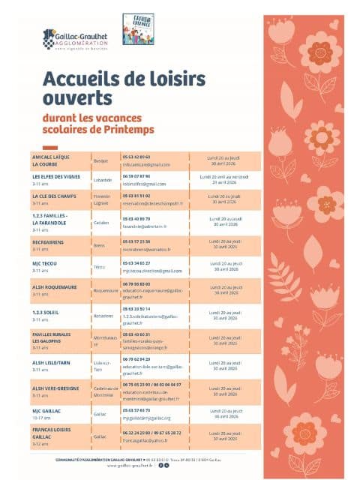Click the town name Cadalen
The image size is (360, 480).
click(101, 222)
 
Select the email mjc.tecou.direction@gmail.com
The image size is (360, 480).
click(152, 270)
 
